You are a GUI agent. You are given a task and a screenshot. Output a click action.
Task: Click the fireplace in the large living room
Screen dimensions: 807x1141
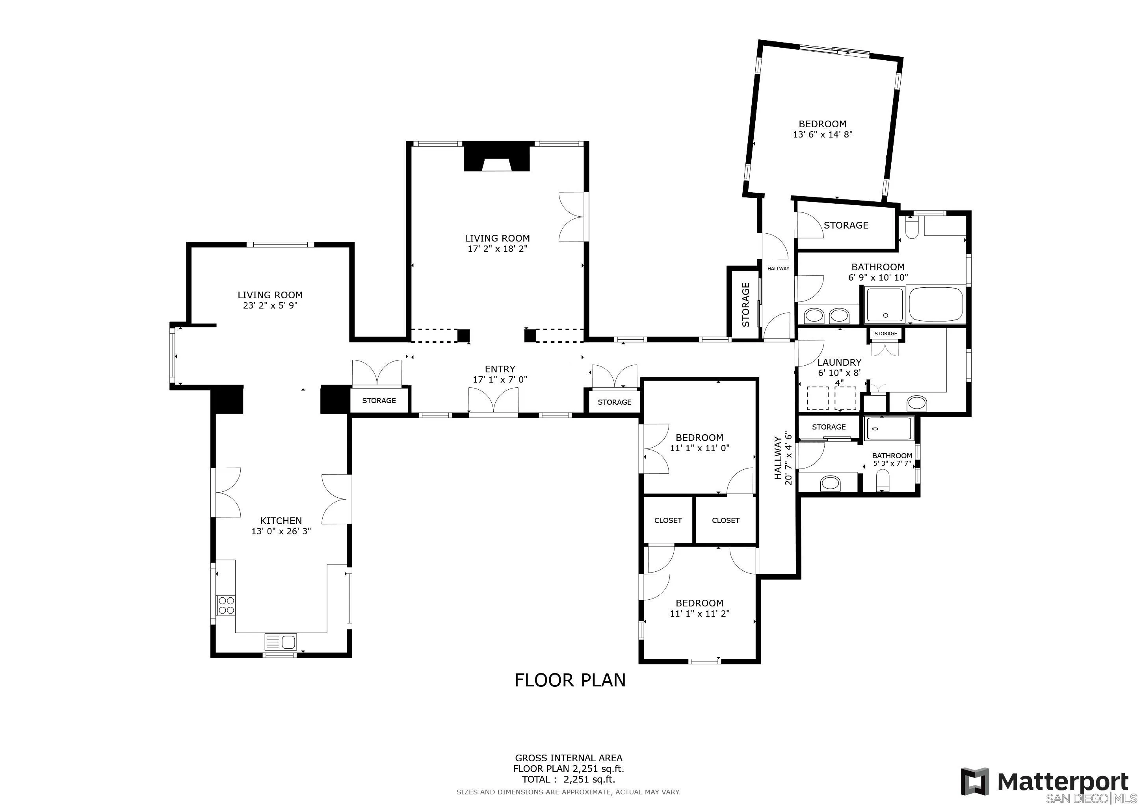coord(496,158)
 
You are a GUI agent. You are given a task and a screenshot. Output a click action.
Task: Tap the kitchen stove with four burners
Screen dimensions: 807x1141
coord(226,605)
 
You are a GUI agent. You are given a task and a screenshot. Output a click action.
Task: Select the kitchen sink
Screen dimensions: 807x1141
coord(281,642)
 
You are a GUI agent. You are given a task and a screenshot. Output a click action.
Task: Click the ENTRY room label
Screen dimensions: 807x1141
coord(500,369)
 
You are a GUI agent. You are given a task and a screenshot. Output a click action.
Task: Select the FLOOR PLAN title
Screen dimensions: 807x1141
coord(570,680)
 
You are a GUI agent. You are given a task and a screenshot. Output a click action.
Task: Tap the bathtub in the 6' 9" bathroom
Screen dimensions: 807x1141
coord(936,304)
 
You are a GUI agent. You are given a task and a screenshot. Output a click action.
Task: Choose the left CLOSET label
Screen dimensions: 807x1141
coord(668,520)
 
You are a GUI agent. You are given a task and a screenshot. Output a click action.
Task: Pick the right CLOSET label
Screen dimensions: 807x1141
coord(726,520)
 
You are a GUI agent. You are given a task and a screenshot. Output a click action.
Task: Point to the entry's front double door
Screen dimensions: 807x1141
coord(493,400)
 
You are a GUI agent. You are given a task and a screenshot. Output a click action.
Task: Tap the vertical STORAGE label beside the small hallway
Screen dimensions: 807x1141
coord(745,305)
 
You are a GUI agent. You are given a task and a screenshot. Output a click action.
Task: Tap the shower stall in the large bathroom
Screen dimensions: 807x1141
coord(885,305)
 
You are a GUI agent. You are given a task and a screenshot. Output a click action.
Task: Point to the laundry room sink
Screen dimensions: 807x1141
coord(917,403)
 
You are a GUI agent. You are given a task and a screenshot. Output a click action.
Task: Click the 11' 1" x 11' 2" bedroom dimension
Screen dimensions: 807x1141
coord(699,614)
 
